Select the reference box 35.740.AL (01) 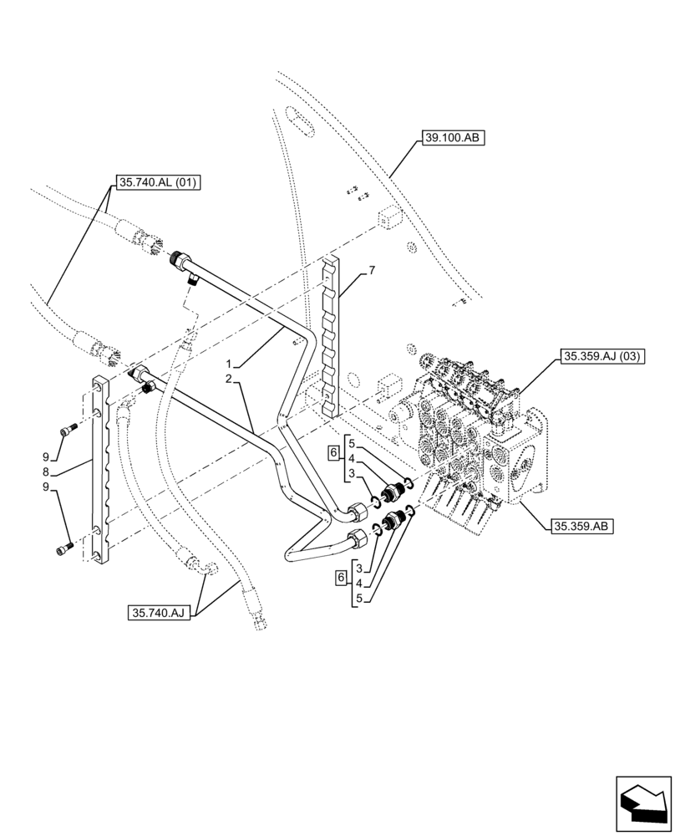156,182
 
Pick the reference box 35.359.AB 582,526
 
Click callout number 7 372,270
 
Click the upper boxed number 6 333,452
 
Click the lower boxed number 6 340,578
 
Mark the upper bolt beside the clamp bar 68,431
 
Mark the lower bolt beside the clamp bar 64,548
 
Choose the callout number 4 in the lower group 358,584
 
